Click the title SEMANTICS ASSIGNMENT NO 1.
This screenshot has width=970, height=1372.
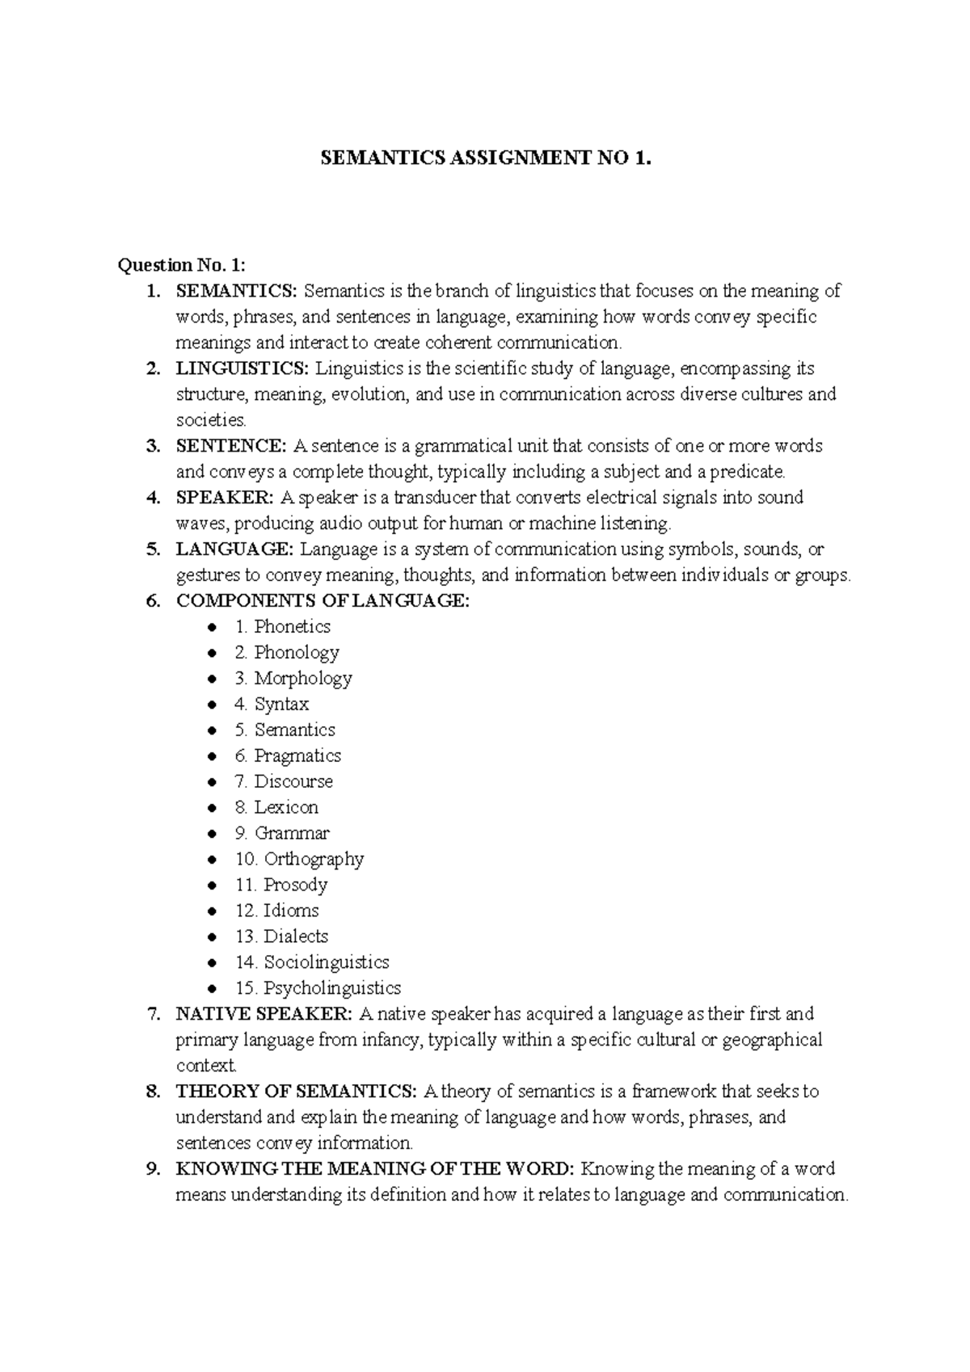click(x=485, y=159)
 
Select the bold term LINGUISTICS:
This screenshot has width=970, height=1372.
click(x=242, y=368)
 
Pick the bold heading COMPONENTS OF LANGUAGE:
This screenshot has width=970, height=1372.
click(x=322, y=601)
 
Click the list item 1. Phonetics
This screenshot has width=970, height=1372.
click(x=282, y=627)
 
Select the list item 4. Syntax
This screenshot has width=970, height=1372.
click(x=272, y=705)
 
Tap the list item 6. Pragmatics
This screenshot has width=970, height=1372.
click(x=288, y=756)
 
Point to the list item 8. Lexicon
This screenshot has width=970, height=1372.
click(x=276, y=808)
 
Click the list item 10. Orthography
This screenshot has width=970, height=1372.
click(x=299, y=859)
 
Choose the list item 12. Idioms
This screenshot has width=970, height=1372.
click(x=276, y=911)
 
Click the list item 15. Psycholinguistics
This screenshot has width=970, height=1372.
click(x=318, y=988)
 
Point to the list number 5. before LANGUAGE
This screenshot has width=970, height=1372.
click(x=154, y=550)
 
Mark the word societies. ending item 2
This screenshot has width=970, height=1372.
click(x=211, y=420)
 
